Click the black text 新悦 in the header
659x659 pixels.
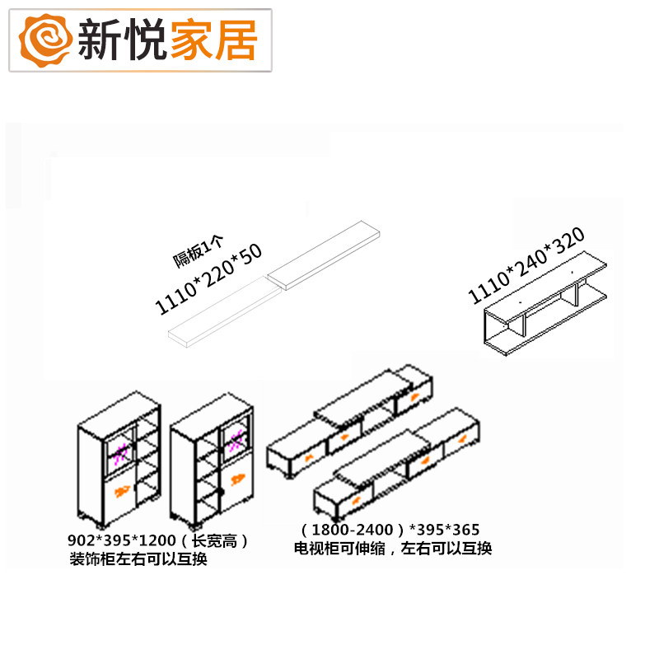coord(124,38)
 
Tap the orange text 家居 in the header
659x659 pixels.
coord(213,38)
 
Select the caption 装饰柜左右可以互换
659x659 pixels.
coord(138,559)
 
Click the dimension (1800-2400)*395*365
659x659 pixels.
coord(390,530)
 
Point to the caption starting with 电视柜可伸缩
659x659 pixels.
coord(393,548)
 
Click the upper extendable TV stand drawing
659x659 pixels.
coord(350,424)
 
